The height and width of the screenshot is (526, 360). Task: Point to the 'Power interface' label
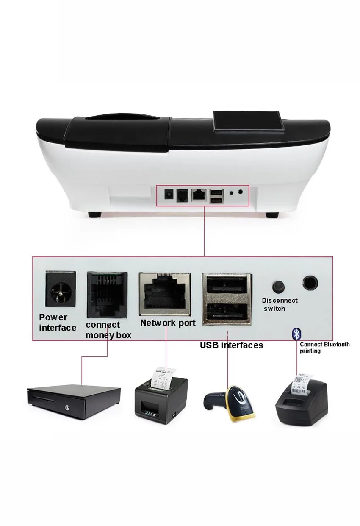tap(58, 323)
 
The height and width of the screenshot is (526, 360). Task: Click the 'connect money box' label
tap(108, 330)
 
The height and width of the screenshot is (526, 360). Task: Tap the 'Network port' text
tap(168, 323)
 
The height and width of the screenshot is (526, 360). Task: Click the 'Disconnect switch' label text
tap(280, 304)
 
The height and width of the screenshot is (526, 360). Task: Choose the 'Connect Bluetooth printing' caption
tap(324, 348)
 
